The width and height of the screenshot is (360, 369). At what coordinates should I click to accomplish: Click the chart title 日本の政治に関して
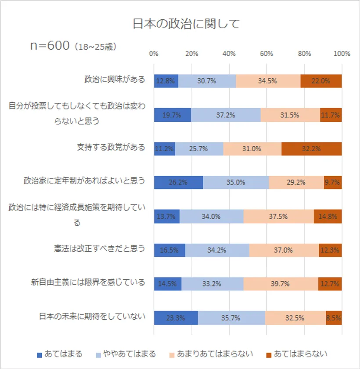point(186,23)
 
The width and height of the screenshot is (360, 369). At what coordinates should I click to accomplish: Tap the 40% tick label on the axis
point(229,54)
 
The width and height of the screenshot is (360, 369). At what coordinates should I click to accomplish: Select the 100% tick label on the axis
point(342,54)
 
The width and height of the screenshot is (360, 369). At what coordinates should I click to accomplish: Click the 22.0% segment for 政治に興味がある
point(321,81)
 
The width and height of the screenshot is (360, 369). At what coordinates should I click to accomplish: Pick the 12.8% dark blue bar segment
point(166,81)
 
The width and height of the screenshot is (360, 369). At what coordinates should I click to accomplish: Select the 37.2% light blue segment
point(226,115)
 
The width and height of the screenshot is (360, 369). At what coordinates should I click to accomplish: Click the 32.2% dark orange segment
point(311,149)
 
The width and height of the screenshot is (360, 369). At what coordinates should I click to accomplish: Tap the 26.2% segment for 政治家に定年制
point(178,182)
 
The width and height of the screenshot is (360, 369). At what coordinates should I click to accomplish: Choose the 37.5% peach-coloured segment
point(278,216)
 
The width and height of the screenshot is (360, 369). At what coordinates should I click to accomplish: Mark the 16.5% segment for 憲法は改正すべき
point(169,250)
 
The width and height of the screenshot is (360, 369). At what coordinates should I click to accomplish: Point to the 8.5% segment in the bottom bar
point(334,318)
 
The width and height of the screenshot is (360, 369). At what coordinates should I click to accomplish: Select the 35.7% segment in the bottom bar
point(231,318)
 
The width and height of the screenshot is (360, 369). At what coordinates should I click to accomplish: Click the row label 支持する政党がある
point(111,147)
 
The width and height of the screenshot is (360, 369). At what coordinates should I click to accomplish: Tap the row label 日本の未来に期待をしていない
point(92,316)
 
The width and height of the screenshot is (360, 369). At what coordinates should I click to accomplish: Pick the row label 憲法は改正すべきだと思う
point(97,249)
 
